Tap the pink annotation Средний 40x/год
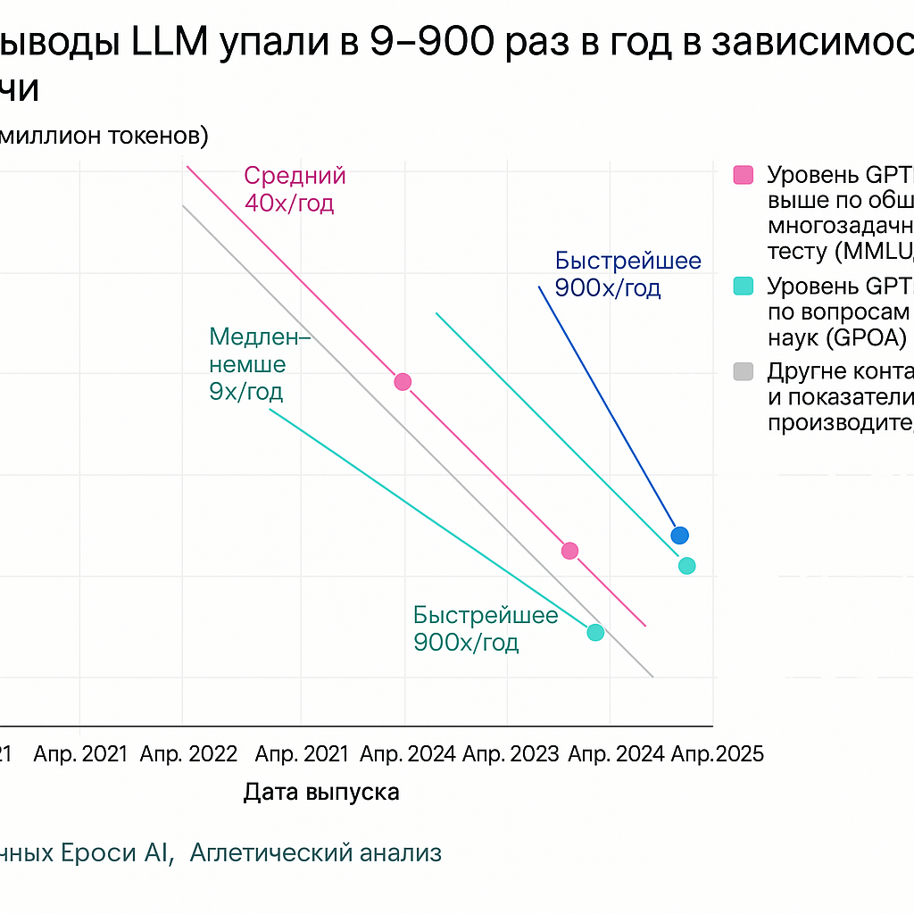click(x=294, y=189)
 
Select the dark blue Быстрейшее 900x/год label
click(x=627, y=274)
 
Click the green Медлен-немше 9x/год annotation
click(x=259, y=364)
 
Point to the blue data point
click(x=680, y=536)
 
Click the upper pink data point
click(x=403, y=382)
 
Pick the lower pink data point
click(x=569, y=551)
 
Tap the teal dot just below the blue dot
click(x=686, y=565)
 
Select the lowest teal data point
click(x=595, y=632)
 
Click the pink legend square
click(x=743, y=174)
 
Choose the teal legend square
click(x=743, y=287)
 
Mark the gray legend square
click(x=743, y=371)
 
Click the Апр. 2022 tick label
click(x=188, y=754)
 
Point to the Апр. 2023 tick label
click(x=509, y=754)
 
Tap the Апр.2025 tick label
click(x=718, y=754)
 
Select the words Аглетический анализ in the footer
click(x=316, y=853)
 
